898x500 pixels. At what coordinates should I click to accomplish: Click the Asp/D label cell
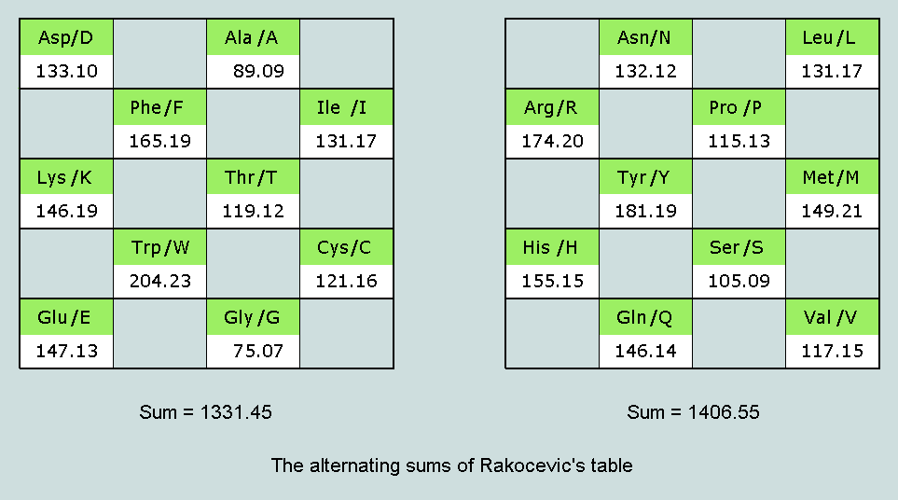66,38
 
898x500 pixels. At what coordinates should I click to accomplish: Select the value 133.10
66,71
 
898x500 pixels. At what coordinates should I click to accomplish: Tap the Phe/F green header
159,107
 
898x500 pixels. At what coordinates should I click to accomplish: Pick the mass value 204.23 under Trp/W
159,281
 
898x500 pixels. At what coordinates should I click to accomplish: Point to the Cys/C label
347,247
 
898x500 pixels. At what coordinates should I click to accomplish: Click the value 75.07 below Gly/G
257,351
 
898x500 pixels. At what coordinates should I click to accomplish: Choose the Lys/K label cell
66,177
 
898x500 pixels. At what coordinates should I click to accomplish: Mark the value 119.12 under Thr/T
253,211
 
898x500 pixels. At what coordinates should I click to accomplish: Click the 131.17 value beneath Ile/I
346,141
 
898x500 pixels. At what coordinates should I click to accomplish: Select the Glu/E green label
66,317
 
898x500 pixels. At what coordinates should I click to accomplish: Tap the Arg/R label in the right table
552,107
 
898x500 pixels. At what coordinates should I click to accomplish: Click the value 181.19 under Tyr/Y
645,211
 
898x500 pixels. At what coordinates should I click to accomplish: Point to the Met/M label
832,177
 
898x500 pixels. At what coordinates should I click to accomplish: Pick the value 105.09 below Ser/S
739,281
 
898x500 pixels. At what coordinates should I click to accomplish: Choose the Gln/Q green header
645,317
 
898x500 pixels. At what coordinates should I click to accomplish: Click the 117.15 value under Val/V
832,351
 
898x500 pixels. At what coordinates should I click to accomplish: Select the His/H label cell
552,247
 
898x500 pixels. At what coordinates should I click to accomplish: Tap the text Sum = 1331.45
205,412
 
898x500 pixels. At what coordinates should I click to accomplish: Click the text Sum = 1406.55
693,412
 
